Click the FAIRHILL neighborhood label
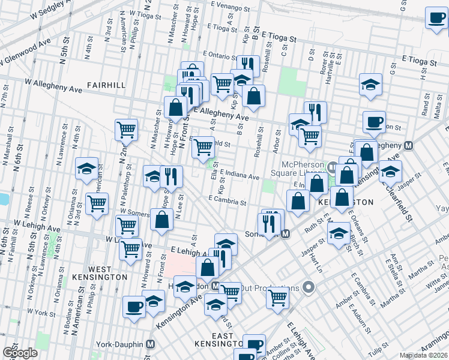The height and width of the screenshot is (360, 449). pyautogui.click(x=106, y=85)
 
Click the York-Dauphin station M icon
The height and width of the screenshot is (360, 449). pyautogui.click(x=151, y=344)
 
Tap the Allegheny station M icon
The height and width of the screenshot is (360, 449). pyautogui.click(x=409, y=145)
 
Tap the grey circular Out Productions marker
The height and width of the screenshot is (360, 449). pyautogui.click(x=309, y=287)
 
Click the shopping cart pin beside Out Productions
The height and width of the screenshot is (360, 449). pyautogui.click(x=277, y=296)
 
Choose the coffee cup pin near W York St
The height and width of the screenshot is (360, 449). pyautogui.click(x=134, y=306)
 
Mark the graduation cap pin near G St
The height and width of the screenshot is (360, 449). pyautogui.click(x=371, y=85)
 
